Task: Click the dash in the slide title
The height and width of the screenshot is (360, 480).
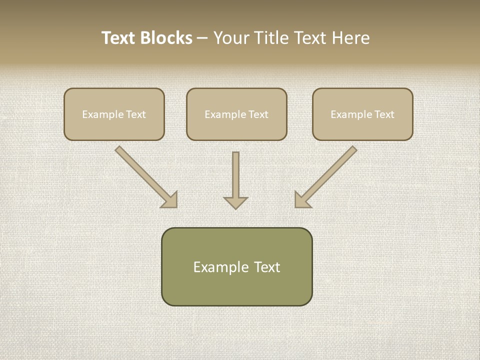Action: [x=202, y=38]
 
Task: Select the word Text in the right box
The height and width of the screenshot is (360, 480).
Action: [x=384, y=114]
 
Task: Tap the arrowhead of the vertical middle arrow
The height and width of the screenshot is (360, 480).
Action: [x=235, y=202]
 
